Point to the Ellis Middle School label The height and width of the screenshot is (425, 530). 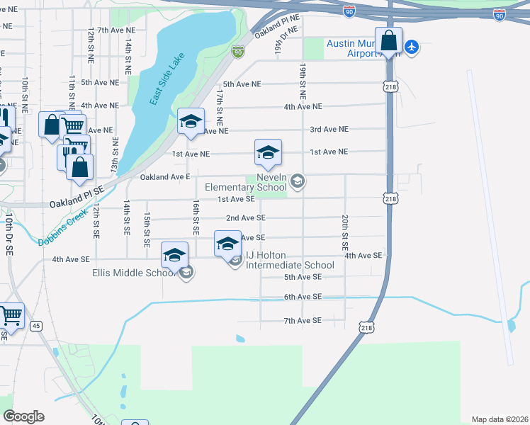coord(133,273)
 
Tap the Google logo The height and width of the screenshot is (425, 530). coord(23,416)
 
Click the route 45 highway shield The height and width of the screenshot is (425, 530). coord(36,326)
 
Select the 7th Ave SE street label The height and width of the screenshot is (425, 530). coord(303,321)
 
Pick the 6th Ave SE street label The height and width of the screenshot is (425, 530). coord(303,297)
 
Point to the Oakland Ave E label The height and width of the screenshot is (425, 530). coord(165,176)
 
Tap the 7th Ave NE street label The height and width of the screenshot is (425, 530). coord(116,30)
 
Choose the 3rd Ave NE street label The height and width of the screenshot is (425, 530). coord(329,129)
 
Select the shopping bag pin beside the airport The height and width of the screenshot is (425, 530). coord(389,41)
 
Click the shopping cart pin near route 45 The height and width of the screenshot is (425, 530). coord(10,316)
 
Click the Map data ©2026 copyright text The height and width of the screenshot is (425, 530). coord(500,419)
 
